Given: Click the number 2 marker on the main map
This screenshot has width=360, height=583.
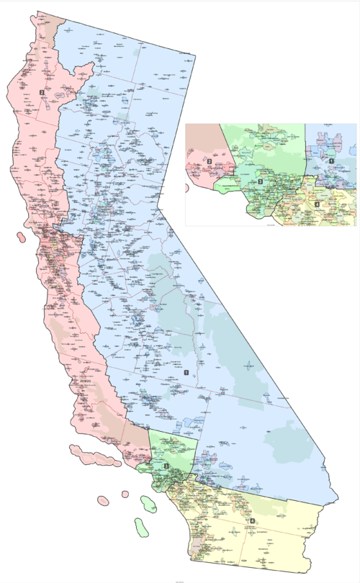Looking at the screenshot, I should click(x=42, y=93).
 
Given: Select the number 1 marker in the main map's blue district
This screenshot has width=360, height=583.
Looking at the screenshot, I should click(x=186, y=372).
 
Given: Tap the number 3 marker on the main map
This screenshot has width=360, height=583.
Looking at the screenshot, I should click(x=166, y=466).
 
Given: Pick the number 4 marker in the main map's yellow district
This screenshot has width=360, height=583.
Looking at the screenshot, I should click(x=251, y=520).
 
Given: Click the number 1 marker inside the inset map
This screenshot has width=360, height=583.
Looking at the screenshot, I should click(x=331, y=161).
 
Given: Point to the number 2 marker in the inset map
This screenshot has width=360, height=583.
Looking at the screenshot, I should click(x=209, y=161).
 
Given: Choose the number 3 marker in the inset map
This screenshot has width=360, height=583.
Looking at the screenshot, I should click(x=259, y=182).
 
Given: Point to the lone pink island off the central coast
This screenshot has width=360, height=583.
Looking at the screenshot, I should click(x=17, y=235).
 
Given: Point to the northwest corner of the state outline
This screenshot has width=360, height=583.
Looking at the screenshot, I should click(x=37, y=12).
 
